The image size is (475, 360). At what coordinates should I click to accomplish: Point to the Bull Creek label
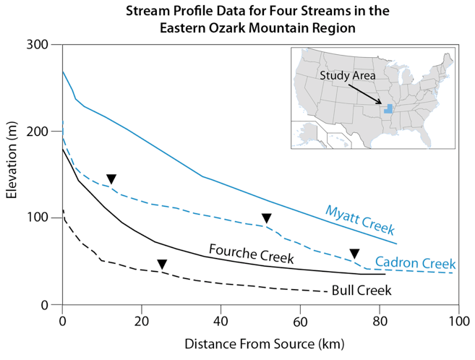click(361, 291)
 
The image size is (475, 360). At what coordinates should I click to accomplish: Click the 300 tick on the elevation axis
click(47, 45)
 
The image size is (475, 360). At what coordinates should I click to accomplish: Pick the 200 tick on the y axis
click(47, 132)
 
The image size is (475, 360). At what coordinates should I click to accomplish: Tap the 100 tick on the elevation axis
click(47, 218)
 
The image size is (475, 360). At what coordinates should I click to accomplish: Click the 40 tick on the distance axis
click(221, 319)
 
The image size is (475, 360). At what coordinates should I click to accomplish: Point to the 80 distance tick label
click(379, 319)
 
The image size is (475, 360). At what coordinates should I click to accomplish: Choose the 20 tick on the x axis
click(142, 319)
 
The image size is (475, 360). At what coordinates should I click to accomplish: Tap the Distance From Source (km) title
click(260, 341)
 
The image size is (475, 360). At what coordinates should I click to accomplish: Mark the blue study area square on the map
click(389, 108)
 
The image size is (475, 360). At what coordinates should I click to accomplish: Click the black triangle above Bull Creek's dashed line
click(162, 264)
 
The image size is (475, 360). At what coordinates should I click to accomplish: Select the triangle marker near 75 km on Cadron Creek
click(354, 253)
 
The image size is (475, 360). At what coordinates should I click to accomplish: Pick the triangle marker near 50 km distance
click(267, 218)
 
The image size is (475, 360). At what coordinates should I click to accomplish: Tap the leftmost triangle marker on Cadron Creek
click(111, 179)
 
